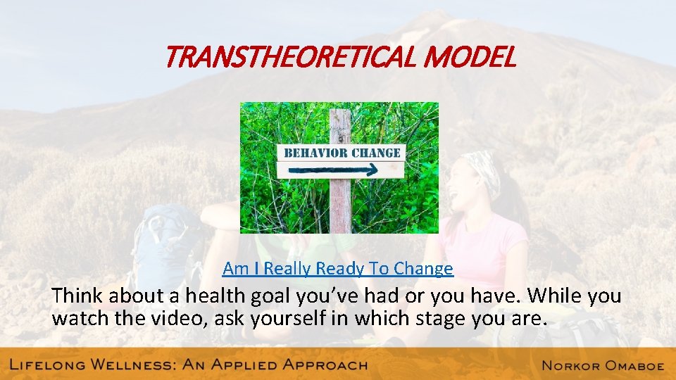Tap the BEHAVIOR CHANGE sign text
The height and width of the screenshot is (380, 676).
click(x=342, y=153)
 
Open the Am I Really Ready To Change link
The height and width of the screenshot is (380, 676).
click(x=338, y=268)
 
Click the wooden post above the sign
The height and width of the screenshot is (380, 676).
click(x=341, y=125)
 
